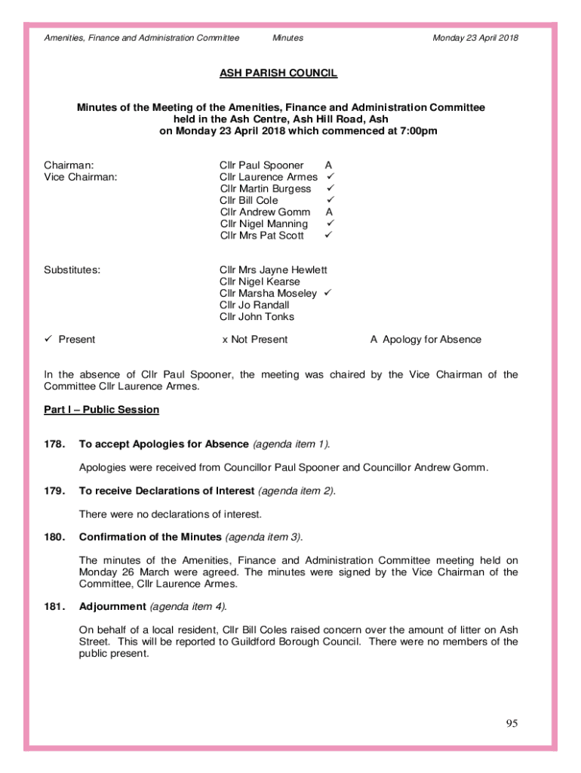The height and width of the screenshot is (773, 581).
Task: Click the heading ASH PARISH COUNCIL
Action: [x=278, y=73]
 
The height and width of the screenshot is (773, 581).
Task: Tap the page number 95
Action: [x=512, y=724]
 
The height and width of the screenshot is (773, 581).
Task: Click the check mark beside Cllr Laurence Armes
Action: [x=329, y=177]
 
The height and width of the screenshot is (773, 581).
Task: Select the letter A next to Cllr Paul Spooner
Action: [x=328, y=165]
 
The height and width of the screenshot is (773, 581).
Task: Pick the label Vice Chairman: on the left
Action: [x=80, y=177]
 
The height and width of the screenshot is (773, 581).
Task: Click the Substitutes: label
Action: [x=72, y=269]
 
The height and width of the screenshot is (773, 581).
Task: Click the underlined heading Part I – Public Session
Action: [x=101, y=410]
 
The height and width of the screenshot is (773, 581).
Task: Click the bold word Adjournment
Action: [x=112, y=607]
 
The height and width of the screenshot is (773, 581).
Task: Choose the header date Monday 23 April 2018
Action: [x=475, y=38]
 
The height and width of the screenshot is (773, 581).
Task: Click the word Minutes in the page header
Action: [x=287, y=38]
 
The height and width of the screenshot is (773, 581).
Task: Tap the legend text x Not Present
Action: [x=254, y=340]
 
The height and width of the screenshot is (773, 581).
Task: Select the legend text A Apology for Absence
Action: [x=426, y=340]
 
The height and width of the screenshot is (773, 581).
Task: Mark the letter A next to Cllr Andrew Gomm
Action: [x=329, y=212]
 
